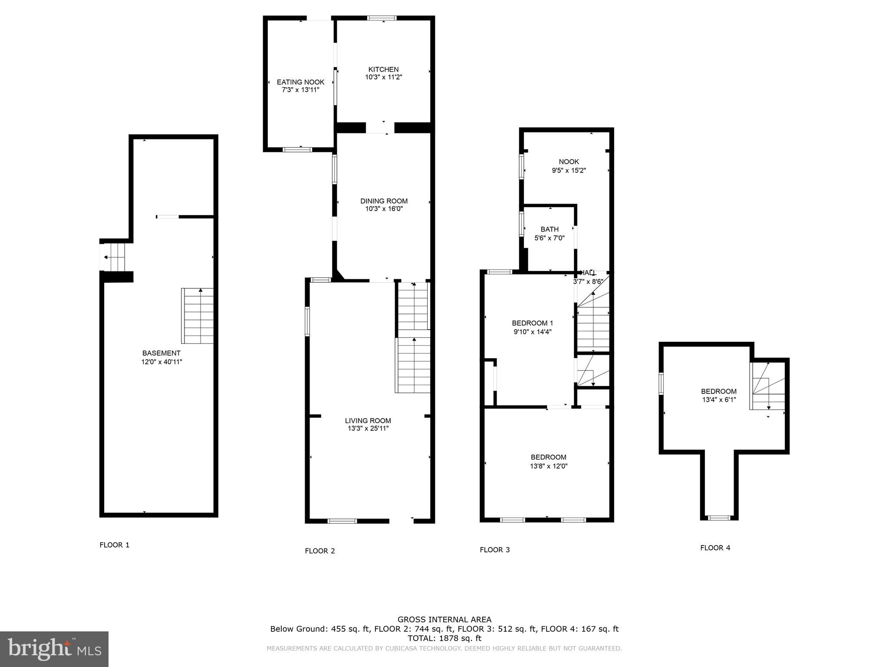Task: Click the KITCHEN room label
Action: pyautogui.click(x=383, y=69)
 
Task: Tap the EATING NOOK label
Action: pyautogui.click(x=300, y=82)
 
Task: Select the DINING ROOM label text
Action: pyautogui.click(x=384, y=201)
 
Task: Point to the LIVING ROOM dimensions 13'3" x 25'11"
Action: pyautogui.click(x=368, y=429)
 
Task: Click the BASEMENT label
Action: pyautogui.click(x=161, y=353)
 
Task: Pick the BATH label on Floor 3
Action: pyautogui.click(x=549, y=229)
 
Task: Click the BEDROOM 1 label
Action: pyautogui.click(x=532, y=323)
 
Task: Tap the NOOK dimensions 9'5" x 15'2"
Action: pyautogui.click(x=569, y=171)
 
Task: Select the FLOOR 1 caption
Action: pyautogui.click(x=115, y=545)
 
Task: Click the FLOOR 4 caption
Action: pyautogui.click(x=715, y=548)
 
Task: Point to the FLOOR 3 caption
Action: pyautogui.click(x=494, y=550)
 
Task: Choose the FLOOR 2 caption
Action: pyautogui.click(x=320, y=551)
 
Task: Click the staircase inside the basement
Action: pyautogui.click(x=198, y=316)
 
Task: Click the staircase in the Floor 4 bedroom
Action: pyautogui.click(x=767, y=386)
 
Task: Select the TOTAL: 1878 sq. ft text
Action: pyautogui.click(x=444, y=638)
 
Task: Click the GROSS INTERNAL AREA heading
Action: pyautogui.click(x=444, y=620)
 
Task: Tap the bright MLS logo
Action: pyautogui.click(x=54, y=649)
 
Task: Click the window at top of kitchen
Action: pyautogui.click(x=382, y=18)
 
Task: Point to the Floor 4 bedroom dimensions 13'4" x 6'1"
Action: pyautogui.click(x=719, y=400)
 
